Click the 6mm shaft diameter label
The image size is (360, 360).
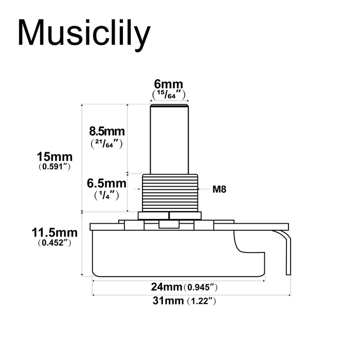[x=169, y=84]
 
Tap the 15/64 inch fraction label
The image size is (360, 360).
[x=169, y=95]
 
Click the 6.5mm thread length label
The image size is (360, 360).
[x=106, y=183]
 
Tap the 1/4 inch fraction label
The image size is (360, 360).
[x=107, y=195]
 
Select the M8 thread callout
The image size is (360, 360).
[x=220, y=189]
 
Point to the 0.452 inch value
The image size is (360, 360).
[x=54, y=243]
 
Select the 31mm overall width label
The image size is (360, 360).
[x=167, y=301]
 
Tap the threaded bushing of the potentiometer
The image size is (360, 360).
[x=169, y=191]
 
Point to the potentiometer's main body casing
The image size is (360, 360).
[x=165, y=252]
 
